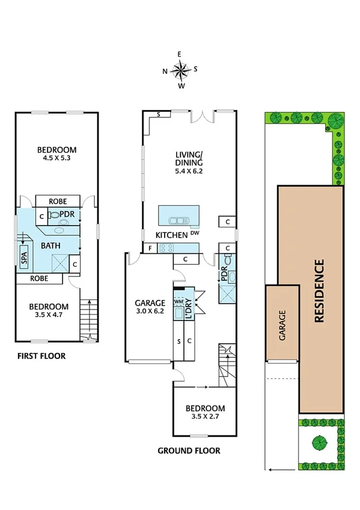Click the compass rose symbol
point(180,70)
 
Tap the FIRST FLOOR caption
point(41,356)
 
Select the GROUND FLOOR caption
point(189,450)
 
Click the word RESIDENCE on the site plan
point(319,290)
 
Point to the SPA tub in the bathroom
point(25,259)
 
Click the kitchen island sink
point(178,220)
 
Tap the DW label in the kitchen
point(194,233)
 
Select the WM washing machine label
point(178,302)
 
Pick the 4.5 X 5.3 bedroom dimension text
point(57,160)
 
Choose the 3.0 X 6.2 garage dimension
point(150,312)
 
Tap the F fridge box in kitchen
point(149,247)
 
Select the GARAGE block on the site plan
point(282,325)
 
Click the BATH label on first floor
point(50,245)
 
